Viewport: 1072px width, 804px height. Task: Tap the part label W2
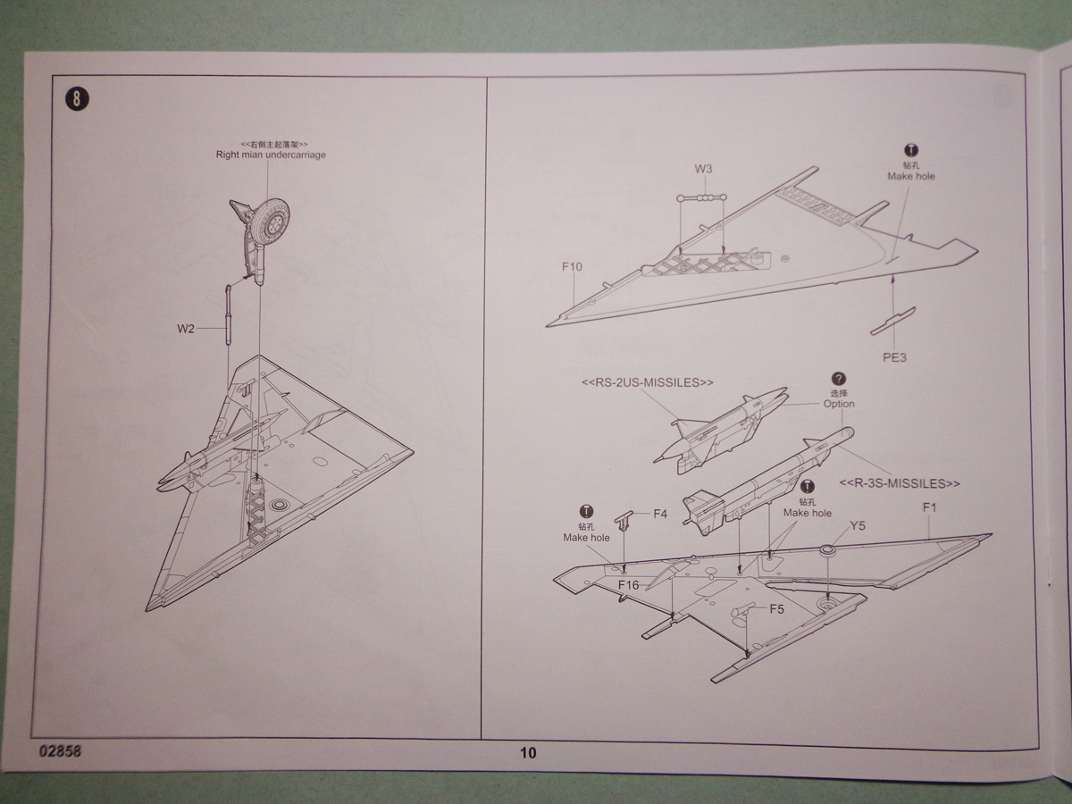(185, 329)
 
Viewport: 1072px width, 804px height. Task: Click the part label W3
(704, 169)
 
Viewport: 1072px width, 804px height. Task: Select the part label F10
(572, 266)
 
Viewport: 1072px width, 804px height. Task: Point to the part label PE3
(894, 357)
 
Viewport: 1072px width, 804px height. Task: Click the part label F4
(660, 514)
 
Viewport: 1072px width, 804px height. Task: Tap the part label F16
(629, 584)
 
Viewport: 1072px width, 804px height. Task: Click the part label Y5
(857, 525)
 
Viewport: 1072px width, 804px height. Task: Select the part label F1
(928, 507)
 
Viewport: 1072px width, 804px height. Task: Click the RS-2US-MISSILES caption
(648, 382)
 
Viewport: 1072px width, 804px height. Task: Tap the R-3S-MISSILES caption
(900, 483)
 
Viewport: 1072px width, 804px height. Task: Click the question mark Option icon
(838, 379)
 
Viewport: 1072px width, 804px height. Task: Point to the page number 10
(528, 752)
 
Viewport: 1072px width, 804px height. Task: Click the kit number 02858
(60, 750)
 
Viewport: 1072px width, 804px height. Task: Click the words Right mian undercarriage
(271, 155)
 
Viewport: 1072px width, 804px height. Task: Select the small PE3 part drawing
(892, 322)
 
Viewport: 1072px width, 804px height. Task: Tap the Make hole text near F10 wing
(911, 177)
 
